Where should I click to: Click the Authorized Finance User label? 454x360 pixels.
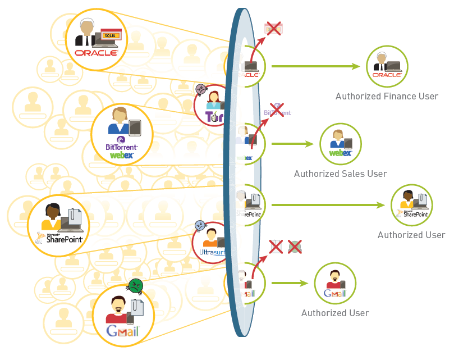(x=387, y=96)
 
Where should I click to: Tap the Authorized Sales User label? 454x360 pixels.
(x=340, y=174)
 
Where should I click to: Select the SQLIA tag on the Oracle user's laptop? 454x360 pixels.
(x=112, y=35)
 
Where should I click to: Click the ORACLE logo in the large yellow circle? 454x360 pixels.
(x=96, y=53)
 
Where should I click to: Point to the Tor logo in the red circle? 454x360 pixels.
(x=214, y=117)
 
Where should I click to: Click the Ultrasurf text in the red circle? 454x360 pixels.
(x=210, y=253)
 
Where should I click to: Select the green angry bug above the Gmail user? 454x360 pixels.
(x=136, y=286)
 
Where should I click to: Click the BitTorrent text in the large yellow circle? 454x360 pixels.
(x=121, y=147)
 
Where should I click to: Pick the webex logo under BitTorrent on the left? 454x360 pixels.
(x=122, y=156)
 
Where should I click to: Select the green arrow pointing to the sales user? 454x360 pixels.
(x=292, y=144)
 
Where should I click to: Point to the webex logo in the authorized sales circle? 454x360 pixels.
(x=340, y=152)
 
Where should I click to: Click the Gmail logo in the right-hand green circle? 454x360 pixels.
(x=335, y=293)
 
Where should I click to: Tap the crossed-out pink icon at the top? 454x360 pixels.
(x=273, y=28)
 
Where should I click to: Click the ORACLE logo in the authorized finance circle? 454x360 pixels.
(x=387, y=74)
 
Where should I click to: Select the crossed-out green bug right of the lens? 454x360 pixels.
(x=295, y=246)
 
